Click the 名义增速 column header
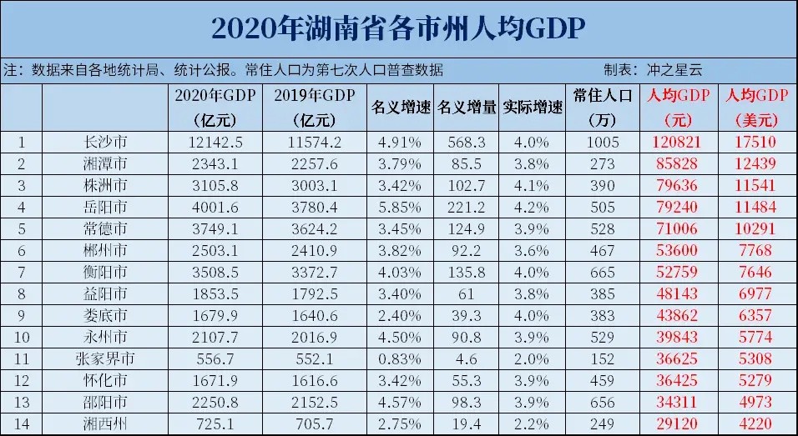point(400,108)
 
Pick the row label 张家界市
point(106,358)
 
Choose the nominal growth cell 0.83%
point(400,358)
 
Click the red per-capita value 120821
point(679,142)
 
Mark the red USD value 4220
point(758,423)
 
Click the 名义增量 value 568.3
point(467,142)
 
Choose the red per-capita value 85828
point(679,163)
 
